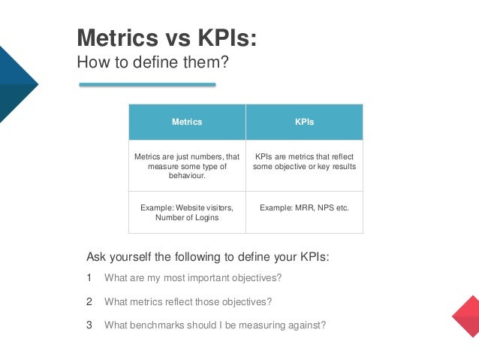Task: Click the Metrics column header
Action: tap(187, 122)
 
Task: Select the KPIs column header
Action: tap(304, 122)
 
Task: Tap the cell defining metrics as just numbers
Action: tap(187, 166)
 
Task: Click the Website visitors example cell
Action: tap(187, 212)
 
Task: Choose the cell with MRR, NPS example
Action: tap(304, 207)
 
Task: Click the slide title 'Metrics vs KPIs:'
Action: tap(167, 38)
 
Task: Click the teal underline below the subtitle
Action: tap(147, 85)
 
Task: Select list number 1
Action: tap(89, 278)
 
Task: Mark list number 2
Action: tap(89, 301)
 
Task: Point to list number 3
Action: tap(89, 325)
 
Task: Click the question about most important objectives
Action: tap(193, 278)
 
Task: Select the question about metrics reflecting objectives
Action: tap(188, 302)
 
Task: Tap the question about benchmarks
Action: tap(215, 325)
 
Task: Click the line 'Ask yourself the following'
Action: tap(208, 256)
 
